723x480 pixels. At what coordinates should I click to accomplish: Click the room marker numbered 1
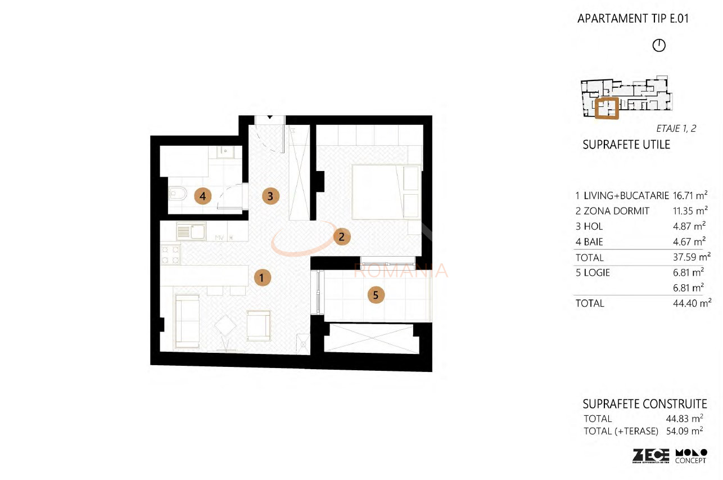[261, 277]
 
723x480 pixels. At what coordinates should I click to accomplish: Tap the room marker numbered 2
[341, 236]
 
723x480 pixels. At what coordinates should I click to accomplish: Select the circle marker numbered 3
[270, 196]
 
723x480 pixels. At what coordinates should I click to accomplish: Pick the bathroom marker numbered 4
[203, 196]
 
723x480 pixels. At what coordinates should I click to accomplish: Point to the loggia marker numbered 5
[376, 294]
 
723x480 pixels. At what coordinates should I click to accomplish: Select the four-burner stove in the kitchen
[170, 254]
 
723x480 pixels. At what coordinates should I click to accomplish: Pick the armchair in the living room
[259, 325]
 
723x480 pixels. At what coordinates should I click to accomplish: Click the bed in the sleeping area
[386, 191]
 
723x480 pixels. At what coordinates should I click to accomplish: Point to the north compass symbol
[659, 46]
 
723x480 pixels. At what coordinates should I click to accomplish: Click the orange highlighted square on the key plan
[607, 108]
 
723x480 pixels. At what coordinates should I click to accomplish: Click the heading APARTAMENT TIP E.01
[633, 19]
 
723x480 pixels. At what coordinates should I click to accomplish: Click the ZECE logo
[650, 455]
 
